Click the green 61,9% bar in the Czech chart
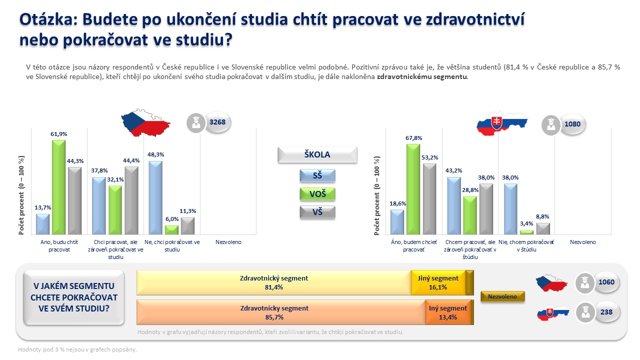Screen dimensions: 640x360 pyautogui.click(x=58, y=187)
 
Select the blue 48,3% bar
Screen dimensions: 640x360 pyautogui.click(x=155, y=197)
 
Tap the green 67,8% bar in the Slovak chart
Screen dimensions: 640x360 pyautogui.click(x=413, y=189)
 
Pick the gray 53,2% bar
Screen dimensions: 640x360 pyautogui.click(x=429, y=199)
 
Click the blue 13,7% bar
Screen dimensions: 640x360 pyautogui.click(x=42, y=224)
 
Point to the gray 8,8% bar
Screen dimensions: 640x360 pyautogui.click(x=543, y=228)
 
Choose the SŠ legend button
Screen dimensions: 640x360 pyautogui.click(x=317, y=175)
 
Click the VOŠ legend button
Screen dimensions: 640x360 pyautogui.click(x=317, y=194)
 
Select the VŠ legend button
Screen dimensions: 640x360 pyautogui.click(x=317, y=212)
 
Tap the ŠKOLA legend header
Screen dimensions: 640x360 pyautogui.click(x=317, y=154)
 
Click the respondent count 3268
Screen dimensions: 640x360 pyautogui.click(x=217, y=122)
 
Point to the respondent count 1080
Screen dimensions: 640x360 pyautogui.click(x=572, y=124)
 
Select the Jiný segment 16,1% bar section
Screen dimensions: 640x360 pyautogui.click(x=438, y=282)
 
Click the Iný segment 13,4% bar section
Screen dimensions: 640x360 pyautogui.click(x=448, y=312)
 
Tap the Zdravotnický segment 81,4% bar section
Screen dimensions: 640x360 pyautogui.click(x=273, y=282)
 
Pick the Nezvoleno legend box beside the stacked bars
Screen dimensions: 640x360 pyautogui.click(x=502, y=296)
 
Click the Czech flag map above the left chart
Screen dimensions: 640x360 pyautogui.click(x=145, y=123)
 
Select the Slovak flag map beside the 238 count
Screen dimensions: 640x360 pyautogui.click(x=553, y=313)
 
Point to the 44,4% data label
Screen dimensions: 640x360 pyautogui.click(x=131, y=160)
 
